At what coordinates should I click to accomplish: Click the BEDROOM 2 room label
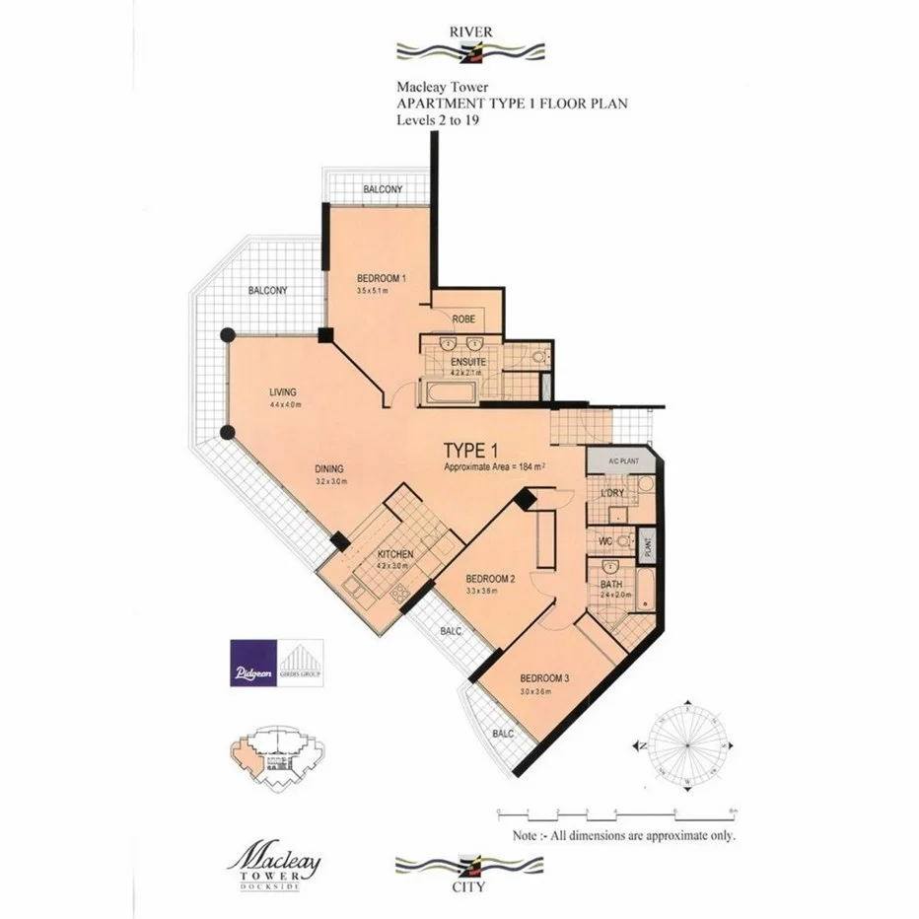tap(490, 578)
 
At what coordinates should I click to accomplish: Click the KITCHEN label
tap(395, 554)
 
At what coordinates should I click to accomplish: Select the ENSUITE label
tap(462, 361)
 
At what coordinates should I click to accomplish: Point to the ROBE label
tap(464, 319)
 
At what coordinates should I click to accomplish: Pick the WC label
tap(605, 541)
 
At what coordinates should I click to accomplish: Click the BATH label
tap(611, 584)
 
